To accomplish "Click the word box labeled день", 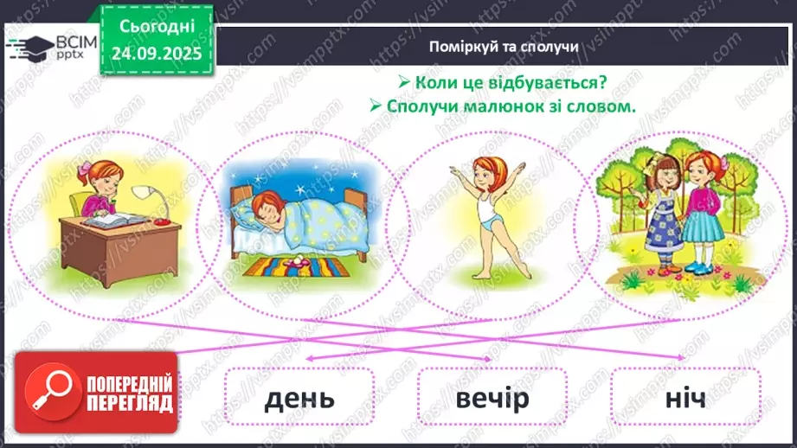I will (299, 398).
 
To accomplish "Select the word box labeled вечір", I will (491, 398).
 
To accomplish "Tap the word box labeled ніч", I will (685, 398).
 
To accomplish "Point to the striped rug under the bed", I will (293, 265).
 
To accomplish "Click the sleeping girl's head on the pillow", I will (265, 206).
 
